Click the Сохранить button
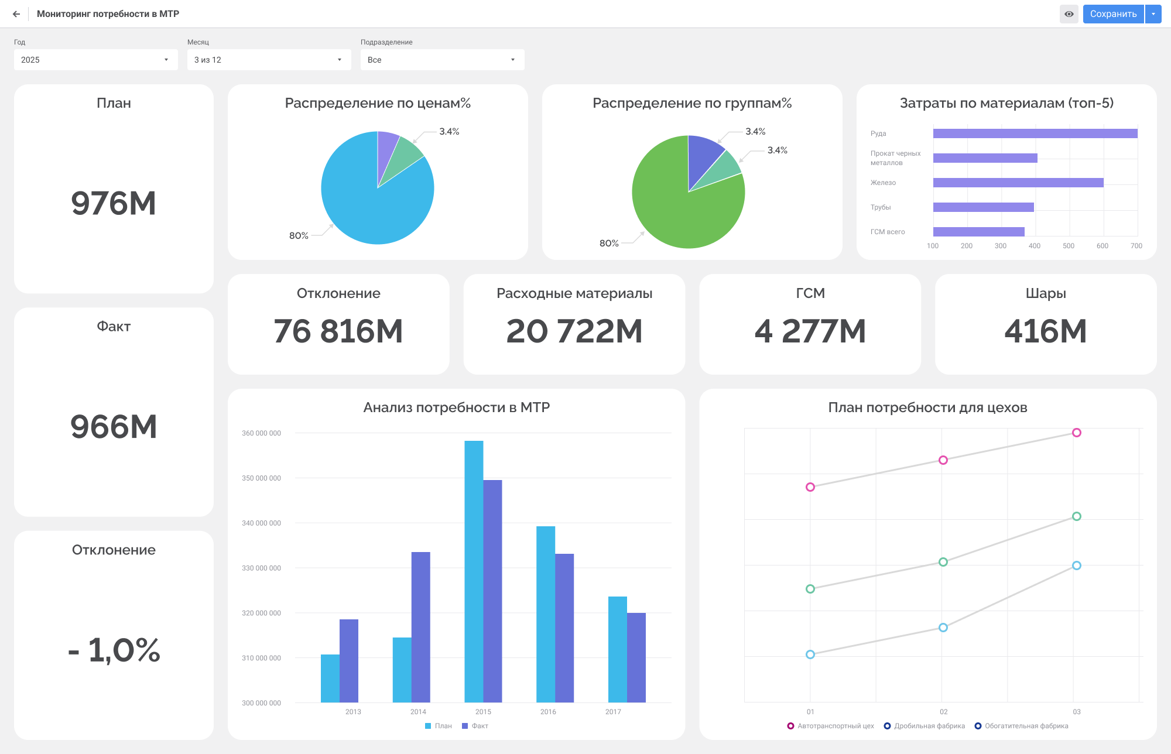pos(1112,14)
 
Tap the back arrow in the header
pos(16,14)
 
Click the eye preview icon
pos(1069,14)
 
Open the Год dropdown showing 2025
pos(95,60)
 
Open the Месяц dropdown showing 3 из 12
pos(269,60)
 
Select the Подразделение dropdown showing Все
pos(442,60)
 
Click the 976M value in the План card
pos(114,204)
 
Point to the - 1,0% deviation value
pos(114,650)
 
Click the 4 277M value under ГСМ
pos(810,331)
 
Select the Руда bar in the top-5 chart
pos(1035,133)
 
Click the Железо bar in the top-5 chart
pos(1018,183)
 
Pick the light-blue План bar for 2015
pos(474,571)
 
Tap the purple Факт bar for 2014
pos(420,626)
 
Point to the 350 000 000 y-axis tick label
pos(261,478)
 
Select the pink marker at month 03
pos(1076,433)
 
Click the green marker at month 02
pos(943,562)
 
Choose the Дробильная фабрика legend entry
pos(925,726)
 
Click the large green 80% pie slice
pos(673,211)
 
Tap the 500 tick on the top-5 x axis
pos(1068,246)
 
